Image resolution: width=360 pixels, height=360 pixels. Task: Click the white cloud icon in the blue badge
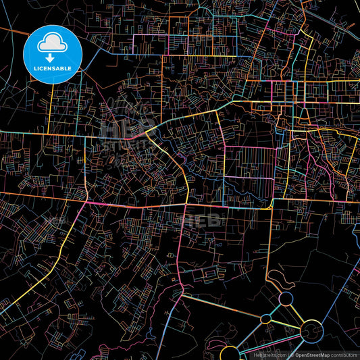pos(52,42)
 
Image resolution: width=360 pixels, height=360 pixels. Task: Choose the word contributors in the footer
pos(344,354)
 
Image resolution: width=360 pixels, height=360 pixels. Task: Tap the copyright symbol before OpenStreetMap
pos(289,354)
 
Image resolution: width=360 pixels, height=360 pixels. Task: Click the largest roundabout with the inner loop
pos(311,330)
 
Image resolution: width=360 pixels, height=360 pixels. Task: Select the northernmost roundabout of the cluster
pos(286,298)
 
